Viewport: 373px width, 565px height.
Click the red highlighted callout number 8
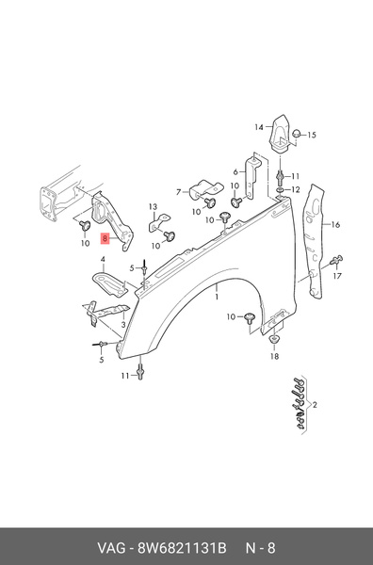click(x=105, y=240)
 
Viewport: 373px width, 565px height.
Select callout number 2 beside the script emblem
click(x=315, y=404)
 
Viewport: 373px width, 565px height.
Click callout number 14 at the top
click(x=257, y=127)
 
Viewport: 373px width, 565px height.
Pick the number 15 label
click(x=313, y=135)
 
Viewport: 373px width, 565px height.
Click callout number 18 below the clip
click(x=274, y=358)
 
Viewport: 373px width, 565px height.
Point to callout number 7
click(x=177, y=192)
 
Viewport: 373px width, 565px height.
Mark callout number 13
click(x=151, y=206)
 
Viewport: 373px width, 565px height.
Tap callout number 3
click(x=123, y=325)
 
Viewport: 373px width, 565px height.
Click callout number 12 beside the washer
click(x=296, y=190)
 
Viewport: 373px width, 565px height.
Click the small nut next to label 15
click(x=296, y=135)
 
